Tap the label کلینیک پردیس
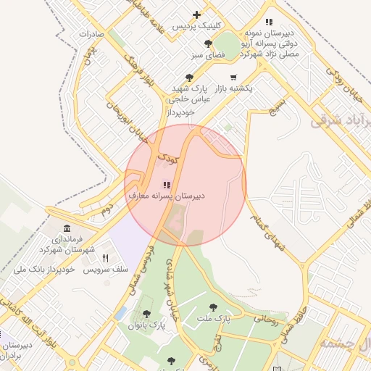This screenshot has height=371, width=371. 191,26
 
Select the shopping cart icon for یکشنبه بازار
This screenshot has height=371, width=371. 233,77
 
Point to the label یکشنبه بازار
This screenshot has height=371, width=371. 251,88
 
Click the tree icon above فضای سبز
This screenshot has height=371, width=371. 208,44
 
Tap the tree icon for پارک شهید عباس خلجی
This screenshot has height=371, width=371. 190,77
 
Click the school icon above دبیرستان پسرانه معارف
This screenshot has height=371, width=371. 167,185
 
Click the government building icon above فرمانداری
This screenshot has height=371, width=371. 67,229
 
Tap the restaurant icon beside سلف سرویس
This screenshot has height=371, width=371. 105,258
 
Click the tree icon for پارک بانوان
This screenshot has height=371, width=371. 146,314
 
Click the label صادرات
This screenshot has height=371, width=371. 92,34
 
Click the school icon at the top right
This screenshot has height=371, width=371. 270,22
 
